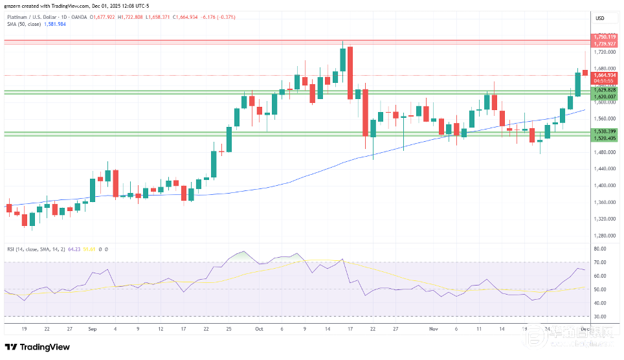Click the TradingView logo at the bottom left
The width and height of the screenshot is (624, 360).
[38, 347]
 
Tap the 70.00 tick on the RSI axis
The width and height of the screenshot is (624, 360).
[599, 262]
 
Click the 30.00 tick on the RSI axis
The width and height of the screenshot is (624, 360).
[599, 317]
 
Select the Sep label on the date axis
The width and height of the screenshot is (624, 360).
[91, 329]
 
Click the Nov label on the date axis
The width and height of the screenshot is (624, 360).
[434, 329]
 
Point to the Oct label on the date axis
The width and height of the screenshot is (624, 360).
[259, 329]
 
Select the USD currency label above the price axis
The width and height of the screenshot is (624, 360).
[599, 18]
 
